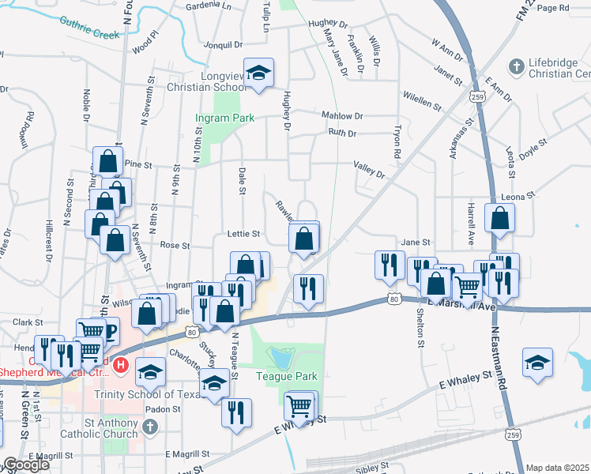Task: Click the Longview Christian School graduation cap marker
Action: pyautogui.click(x=258, y=73)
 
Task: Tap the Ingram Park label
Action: pyautogui.click(x=224, y=118)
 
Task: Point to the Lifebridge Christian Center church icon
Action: pyautogui.click(x=516, y=66)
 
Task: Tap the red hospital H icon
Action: pyautogui.click(x=121, y=365)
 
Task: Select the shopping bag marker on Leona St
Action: pyautogui.click(x=499, y=219)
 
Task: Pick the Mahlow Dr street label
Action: pyautogui.click(x=342, y=115)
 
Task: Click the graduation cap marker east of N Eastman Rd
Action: pyautogui.click(x=537, y=363)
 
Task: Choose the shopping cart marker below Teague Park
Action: pyautogui.click(x=300, y=406)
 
